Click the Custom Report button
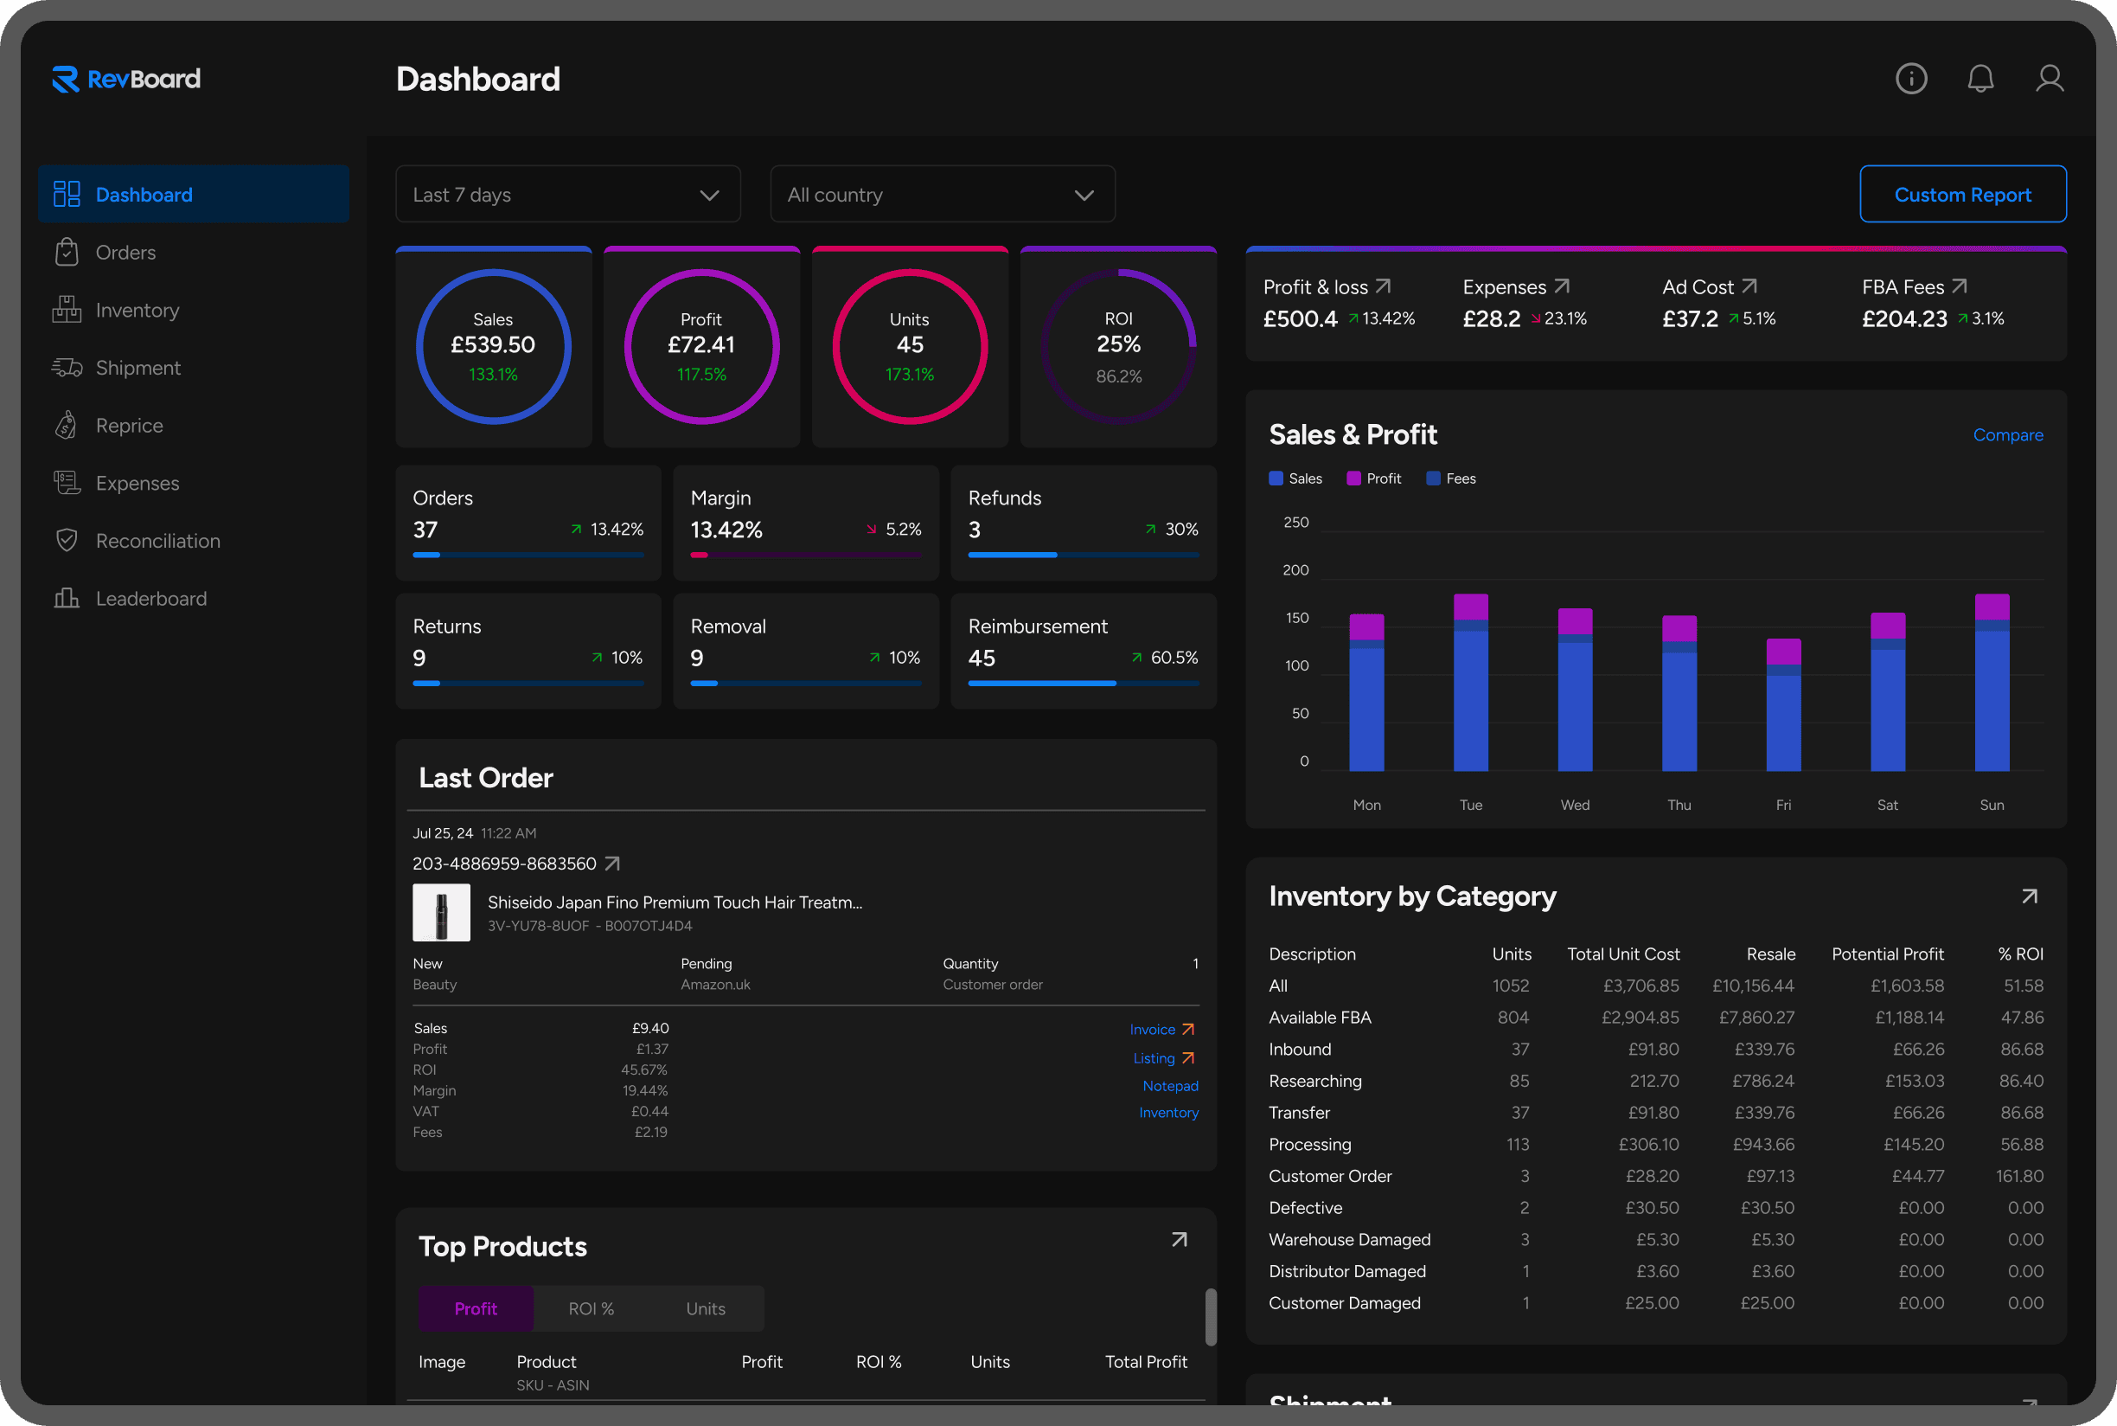[x=1961, y=195]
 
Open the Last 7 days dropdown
[x=567, y=195]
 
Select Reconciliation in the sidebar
[x=157, y=541]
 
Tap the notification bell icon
[x=1979, y=79]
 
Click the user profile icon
[x=2049, y=79]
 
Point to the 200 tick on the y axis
[x=1295, y=570]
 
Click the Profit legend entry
[x=1373, y=479]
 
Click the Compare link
[x=2007, y=435]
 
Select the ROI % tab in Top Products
[x=591, y=1308]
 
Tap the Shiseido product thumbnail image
[x=442, y=912]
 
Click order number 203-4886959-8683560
[x=504, y=864]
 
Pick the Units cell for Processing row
[x=1517, y=1145]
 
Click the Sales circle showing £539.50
[x=493, y=346]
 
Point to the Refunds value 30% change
[x=1180, y=530]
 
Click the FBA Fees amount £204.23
[x=1903, y=319]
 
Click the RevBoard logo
[x=126, y=79]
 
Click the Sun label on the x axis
[x=1991, y=805]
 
